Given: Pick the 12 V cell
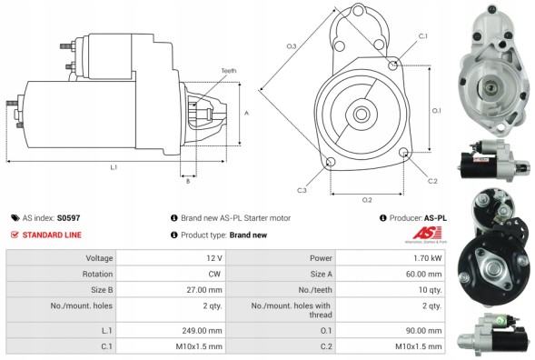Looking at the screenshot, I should point(213,257).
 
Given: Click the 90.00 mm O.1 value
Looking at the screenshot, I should point(423,330).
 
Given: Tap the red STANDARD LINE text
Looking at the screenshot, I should point(51,235).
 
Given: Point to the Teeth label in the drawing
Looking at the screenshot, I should point(228,71).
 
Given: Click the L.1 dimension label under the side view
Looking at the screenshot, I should point(113,168).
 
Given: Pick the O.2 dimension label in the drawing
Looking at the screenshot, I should point(367,198).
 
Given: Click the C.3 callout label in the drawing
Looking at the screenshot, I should point(302,189).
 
